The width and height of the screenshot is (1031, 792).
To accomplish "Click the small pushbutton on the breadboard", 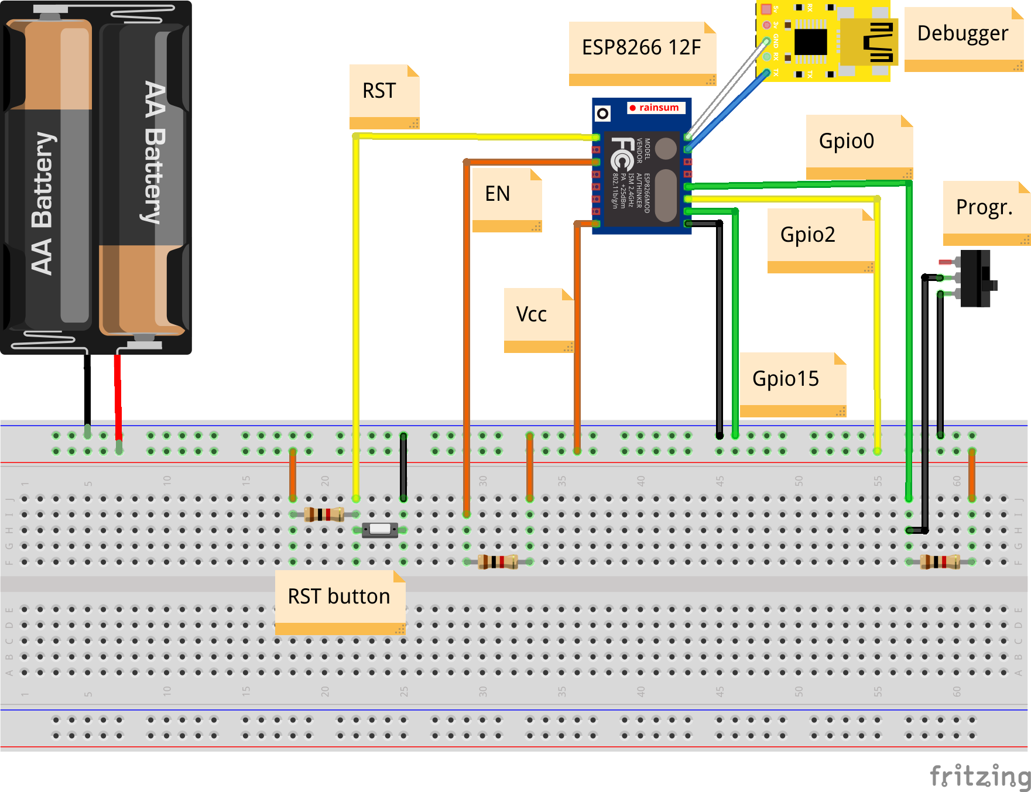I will pyautogui.click(x=380, y=530).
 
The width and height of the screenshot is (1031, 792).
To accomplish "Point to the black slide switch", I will pyautogui.click(x=976, y=279).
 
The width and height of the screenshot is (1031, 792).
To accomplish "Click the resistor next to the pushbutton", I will pyautogui.click(x=324, y=515).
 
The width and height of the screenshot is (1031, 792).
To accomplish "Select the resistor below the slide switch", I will pyautogui.click(x=940, y=562).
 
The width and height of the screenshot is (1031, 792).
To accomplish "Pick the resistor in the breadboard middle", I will pyautogui.click(x=498, y=562).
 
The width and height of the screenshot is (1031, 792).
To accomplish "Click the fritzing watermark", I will pyautogui.click(x=980, y=776).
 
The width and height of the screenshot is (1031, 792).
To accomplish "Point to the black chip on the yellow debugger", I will pyautogui.click(x=811, y=42).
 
